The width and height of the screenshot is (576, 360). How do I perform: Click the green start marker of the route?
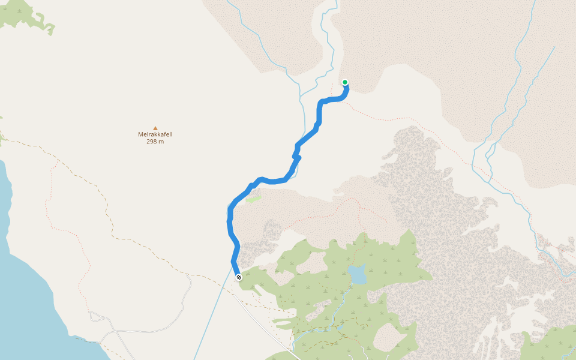(345, 82)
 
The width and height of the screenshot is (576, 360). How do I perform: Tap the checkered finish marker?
(239, 277)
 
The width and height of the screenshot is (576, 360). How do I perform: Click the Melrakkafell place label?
(155, 134)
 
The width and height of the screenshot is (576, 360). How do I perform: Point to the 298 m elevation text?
(155, 142)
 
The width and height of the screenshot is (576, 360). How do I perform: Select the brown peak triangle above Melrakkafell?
(155, 128)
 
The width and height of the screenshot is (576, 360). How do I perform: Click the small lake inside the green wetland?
(358, 275)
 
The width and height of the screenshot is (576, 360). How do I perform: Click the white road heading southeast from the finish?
(264, 324)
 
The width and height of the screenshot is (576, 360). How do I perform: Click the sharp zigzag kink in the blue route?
(296, 157)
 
